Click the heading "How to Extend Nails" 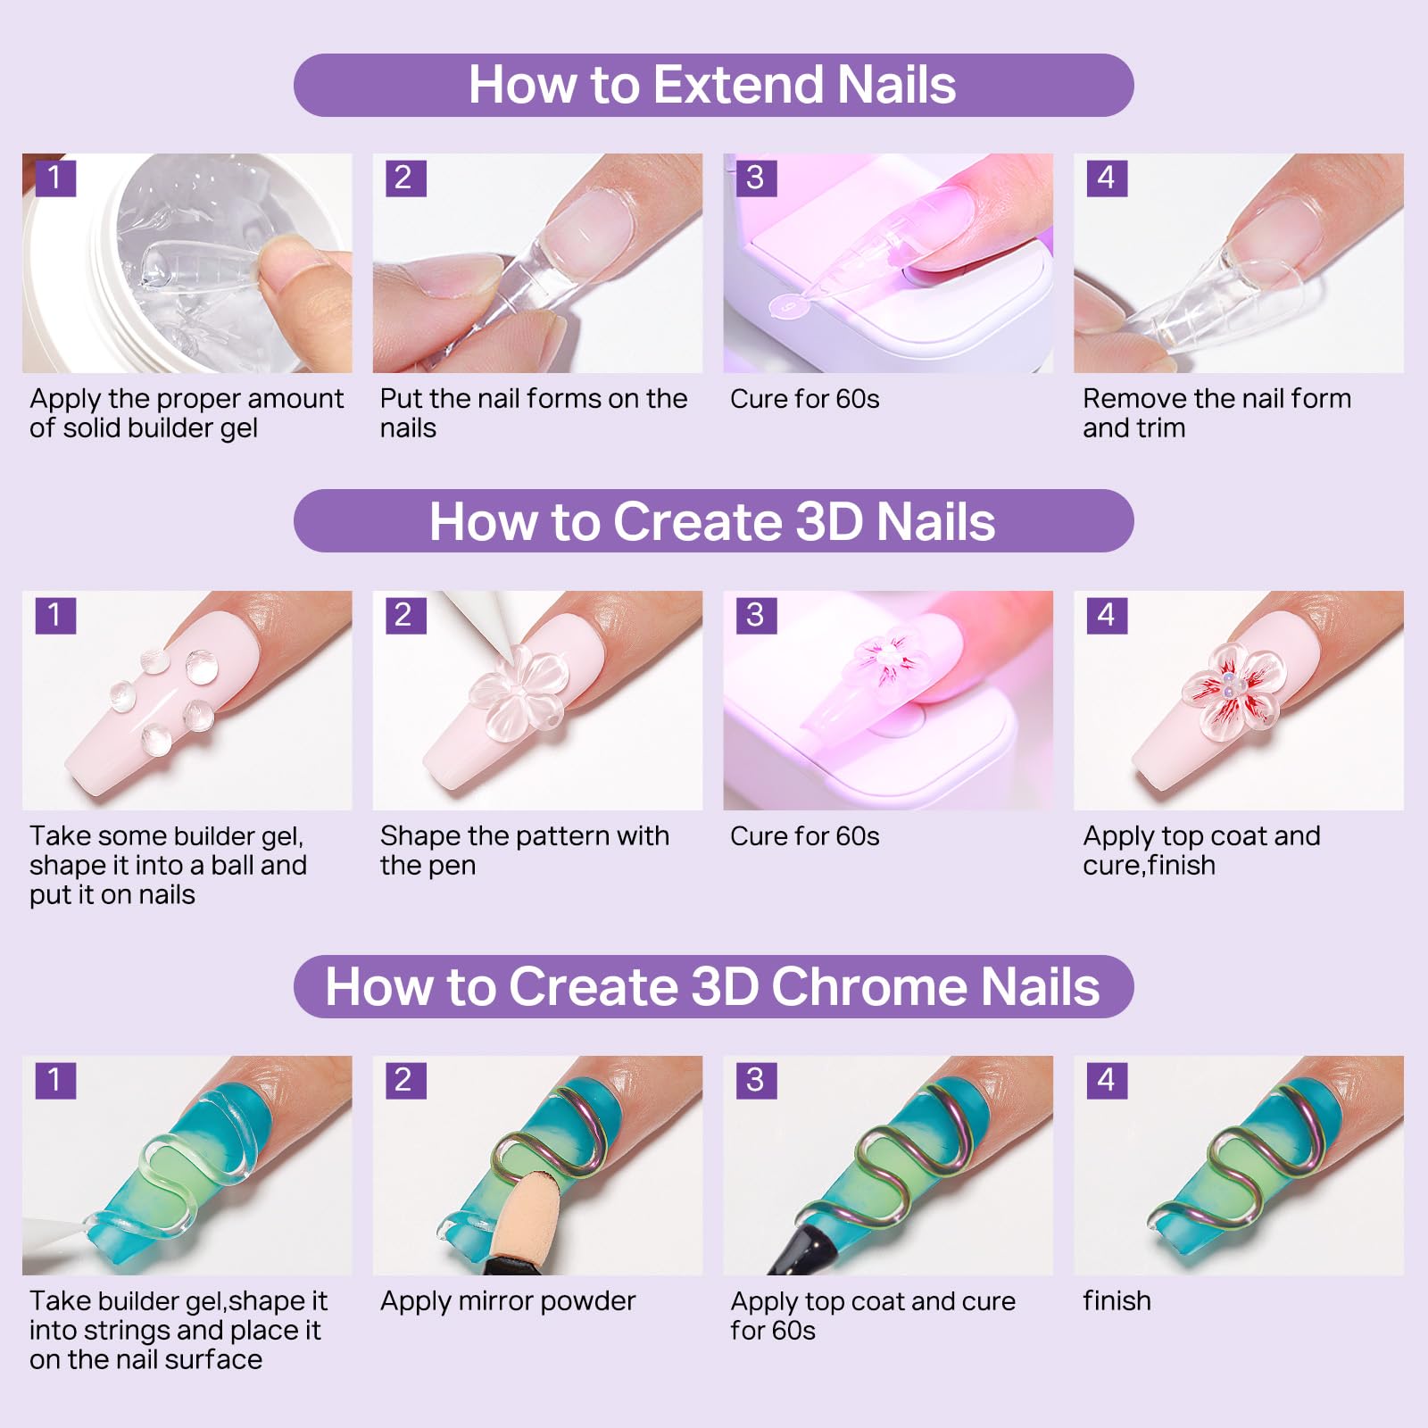click(x=712, y=85)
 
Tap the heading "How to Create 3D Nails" click(x=712, y=521)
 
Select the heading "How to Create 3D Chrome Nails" click(x=712, y=986)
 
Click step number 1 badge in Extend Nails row click(x=55, y=177)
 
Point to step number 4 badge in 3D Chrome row click(x=1107, y=1080)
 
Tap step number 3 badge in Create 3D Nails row click(x=756, y=615)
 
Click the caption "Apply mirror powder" click(x=508, y=1301)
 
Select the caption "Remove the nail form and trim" click(x=1216, y=413)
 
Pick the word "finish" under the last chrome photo click(x=1117, y=1300)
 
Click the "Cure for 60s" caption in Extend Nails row click(x=804, y=399)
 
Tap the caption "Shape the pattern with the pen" click(x=525, y=851)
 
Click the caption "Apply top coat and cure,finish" click(x=1201, y=851)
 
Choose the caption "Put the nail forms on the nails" click(x=534, y=413)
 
